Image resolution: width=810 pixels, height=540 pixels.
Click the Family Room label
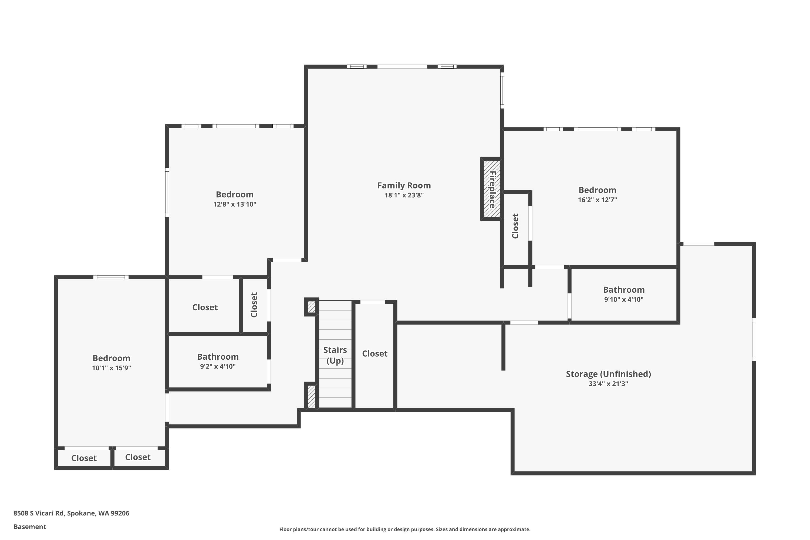point(404,186)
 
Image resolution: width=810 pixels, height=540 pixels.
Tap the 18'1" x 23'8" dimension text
point(404,195)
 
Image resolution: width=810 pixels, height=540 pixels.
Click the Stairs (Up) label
point(335,355)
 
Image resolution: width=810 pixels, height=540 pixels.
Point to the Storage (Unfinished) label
point(609,374)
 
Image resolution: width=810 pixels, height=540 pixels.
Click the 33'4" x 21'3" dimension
point(609,384)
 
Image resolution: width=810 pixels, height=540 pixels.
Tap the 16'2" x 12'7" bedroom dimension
point(598,200)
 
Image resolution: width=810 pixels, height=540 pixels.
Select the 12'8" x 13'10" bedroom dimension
point(235,204)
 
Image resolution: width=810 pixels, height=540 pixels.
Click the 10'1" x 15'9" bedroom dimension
point(112,368)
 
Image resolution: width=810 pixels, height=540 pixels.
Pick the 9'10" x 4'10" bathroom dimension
point(624,300)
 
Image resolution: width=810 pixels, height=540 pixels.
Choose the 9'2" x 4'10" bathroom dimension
point(218,366)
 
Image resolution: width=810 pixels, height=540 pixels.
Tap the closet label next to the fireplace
point(515,226)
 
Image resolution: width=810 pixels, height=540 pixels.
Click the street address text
point(71,513)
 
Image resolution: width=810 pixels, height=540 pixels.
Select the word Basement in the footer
point(30,526)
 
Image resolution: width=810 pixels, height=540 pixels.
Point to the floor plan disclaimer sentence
point(405,529)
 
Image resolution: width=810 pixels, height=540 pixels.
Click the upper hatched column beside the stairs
point(311,307)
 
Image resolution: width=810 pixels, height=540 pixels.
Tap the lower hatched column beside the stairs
point(311,396)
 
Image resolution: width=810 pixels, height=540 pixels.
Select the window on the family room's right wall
point(502,90)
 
